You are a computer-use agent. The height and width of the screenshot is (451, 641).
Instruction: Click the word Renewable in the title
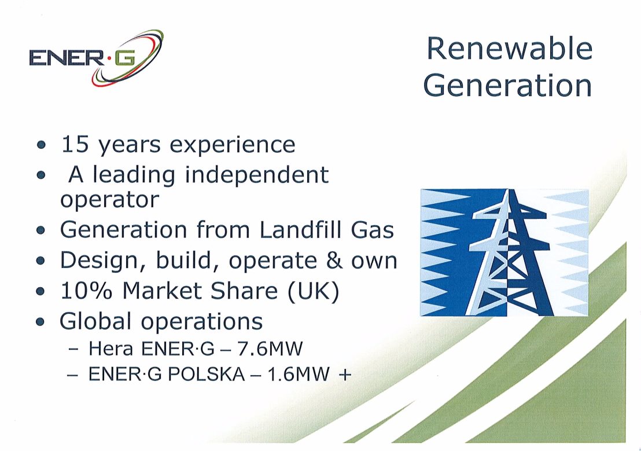coord(509,48)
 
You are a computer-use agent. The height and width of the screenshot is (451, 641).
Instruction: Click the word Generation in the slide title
coord(508,85)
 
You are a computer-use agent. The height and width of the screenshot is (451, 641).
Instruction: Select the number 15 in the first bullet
coord(75,144)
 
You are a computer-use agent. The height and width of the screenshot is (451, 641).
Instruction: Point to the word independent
coord(257,175)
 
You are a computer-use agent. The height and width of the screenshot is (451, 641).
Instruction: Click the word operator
coord(109,200)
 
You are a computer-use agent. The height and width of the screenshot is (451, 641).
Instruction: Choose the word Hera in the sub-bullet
coord(110,349)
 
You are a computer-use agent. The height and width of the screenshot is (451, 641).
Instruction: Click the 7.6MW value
coord(270,349)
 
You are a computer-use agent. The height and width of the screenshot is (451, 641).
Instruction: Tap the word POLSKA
coord(207,374)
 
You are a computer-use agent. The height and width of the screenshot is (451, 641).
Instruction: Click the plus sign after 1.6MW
coord(345,375)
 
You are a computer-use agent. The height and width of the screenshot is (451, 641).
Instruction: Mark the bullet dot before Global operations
coord(40,322)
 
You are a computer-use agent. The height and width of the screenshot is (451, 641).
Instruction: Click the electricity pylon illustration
coord(504,252)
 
